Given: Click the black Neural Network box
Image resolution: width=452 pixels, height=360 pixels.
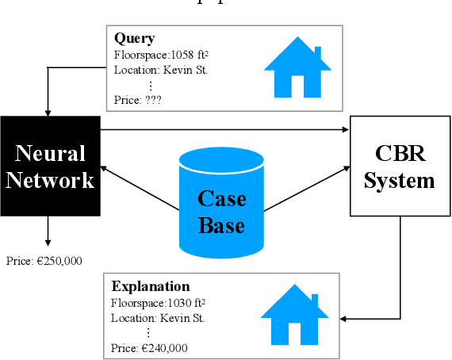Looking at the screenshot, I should [x=50, y=166].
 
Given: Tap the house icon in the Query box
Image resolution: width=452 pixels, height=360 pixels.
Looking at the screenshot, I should [x=297, y=68].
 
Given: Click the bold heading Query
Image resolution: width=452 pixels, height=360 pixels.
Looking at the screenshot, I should [x=134, y=38].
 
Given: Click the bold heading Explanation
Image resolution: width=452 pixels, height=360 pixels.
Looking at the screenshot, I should [x=151, y=286].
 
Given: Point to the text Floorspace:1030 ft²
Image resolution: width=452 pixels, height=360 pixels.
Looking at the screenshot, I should [x=159, y=302].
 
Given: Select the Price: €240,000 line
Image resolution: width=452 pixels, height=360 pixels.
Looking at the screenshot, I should [x=150, y=347].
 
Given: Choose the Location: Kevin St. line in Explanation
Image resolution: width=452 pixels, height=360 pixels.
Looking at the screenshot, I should [x=159, y=318].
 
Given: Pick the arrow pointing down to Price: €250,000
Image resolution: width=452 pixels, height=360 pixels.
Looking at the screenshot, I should [x=48, y=231].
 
